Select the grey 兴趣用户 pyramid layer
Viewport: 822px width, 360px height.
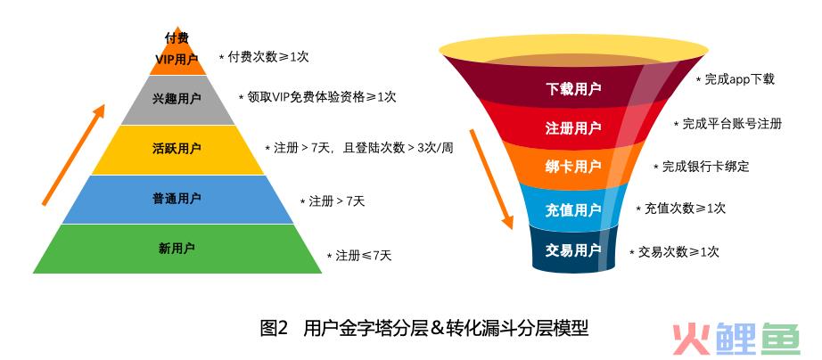[177, 100]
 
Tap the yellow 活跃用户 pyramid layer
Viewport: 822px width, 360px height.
[177, 150]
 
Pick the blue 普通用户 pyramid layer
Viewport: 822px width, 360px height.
[177, 200]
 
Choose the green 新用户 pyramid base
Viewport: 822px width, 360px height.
[177, 249]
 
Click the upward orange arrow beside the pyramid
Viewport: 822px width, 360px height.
[73, 154]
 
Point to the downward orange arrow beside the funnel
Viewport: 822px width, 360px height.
[491, 179]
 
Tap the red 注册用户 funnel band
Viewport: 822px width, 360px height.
[573, 127]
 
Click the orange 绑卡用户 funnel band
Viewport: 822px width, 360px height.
[573, 168]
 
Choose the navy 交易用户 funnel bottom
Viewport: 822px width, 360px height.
[573, 250]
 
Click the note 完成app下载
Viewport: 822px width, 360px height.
[735, 79]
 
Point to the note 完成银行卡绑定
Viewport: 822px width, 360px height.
[702, 166]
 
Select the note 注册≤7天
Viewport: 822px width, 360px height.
[359, 256]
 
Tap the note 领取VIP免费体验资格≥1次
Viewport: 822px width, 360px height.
[317, 97]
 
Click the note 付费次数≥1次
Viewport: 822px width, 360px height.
[264, 57]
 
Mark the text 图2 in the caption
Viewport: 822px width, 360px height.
[275, 329]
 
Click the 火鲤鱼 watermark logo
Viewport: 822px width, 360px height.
[736, 339]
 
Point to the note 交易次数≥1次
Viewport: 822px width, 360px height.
[674, 251]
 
